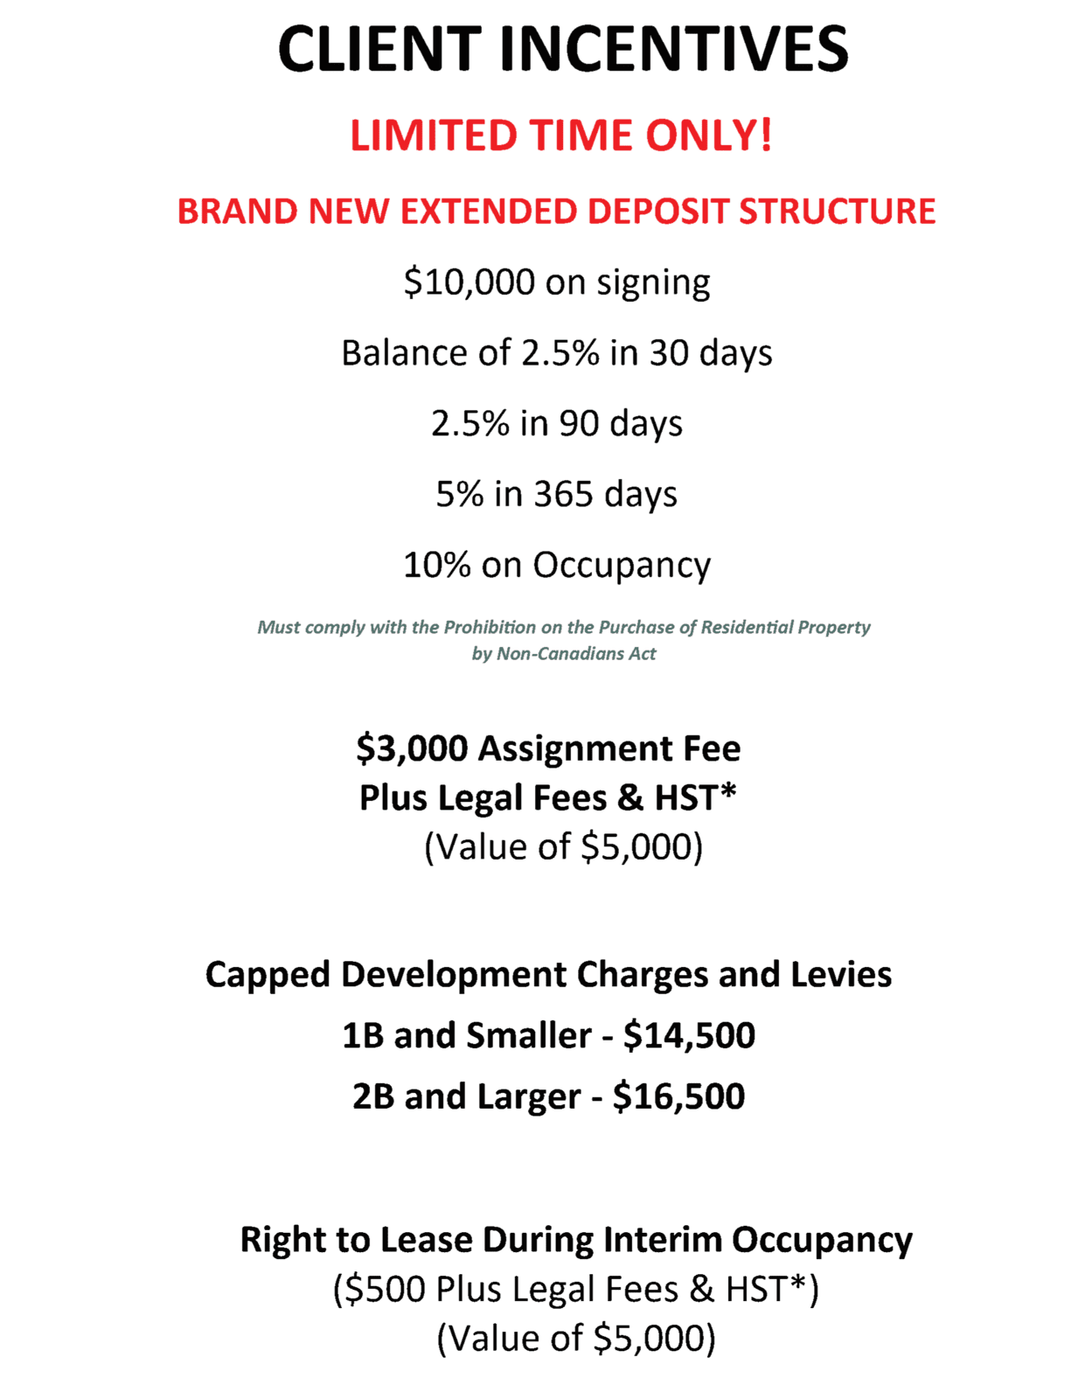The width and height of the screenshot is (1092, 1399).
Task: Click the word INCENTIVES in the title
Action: pos(673,49)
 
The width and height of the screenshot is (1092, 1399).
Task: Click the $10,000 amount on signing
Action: pos(469,282)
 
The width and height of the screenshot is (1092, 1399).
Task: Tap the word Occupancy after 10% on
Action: pos(622,566)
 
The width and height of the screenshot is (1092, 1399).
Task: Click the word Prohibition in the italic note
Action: pos(490,627)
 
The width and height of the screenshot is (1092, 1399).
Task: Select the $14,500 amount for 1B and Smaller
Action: pos(689,1036)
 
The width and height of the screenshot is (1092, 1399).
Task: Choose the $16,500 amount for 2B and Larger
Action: pos(678,1096)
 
